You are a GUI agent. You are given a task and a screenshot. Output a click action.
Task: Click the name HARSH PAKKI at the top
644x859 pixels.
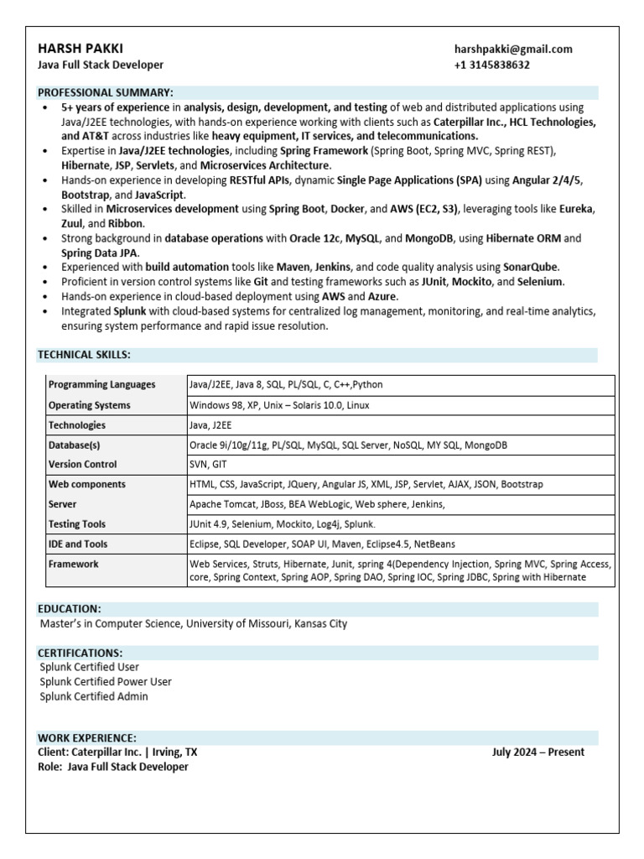click(x=81, y=49)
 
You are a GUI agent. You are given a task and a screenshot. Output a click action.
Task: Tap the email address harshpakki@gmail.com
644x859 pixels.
click(x=513, y=49)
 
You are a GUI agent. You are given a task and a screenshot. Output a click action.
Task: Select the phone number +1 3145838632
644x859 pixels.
click(x=492, y=65)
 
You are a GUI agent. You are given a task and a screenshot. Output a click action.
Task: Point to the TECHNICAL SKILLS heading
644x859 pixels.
click(x=84, y=355)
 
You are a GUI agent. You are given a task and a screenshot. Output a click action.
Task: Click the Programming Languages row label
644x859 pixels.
click(x=102, y=385)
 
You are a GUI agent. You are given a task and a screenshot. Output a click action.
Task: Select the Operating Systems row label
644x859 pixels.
click(x=90, y=405)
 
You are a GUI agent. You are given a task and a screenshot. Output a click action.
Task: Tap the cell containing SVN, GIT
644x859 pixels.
click(x=209, y=464)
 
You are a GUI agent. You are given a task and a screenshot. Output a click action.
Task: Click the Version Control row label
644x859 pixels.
click(x=83, y=464)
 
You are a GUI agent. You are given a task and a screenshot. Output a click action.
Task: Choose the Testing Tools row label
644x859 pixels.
click(x=77, y=524)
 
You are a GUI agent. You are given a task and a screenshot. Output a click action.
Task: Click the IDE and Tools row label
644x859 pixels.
click(x=78, y=544)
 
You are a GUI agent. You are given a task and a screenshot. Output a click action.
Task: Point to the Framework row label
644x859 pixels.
click(x=74, y=565)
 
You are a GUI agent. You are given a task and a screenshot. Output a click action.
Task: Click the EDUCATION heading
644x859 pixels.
click(x=70, y=608)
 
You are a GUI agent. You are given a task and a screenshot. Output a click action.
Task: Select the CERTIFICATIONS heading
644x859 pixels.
click(x=80, y=653)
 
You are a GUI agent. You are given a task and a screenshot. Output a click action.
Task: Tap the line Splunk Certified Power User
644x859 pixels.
click(x=106, y=682)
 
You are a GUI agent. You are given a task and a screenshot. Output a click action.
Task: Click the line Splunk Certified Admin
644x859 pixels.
click(x=94, y=696)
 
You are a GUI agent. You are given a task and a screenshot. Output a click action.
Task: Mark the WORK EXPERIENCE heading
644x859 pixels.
click(x=87, y=737)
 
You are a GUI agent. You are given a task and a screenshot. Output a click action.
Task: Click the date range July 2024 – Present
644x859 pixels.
click(x=538, y=752)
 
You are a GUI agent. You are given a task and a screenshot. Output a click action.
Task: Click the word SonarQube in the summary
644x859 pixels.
click(x=530, y=267)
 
